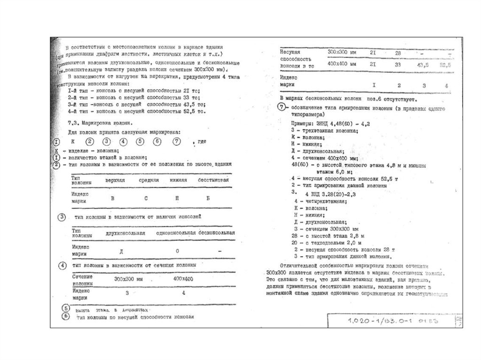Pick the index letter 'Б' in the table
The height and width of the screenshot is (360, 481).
[x=208, y=199]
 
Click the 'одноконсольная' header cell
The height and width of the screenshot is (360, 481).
[x=175, y=233]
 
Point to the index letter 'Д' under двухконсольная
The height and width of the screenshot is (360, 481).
[x=122, y=252]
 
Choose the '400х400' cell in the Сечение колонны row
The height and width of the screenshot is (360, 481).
[x=183, y=279]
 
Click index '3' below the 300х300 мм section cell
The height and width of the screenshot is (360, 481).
[x=127, y=293]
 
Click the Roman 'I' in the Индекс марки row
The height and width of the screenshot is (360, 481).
[x=374, y=85]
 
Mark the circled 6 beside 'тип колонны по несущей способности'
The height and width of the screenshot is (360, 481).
[x=66, y=316]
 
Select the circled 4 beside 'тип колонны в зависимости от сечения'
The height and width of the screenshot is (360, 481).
[x=62, y=266]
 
